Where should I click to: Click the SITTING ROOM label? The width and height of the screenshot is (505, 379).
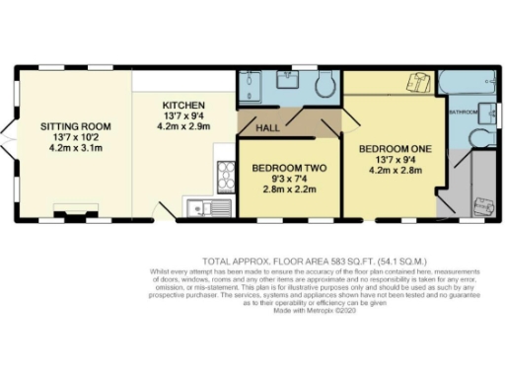coord(75,126)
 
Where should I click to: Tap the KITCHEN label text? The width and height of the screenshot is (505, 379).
coord(183,105)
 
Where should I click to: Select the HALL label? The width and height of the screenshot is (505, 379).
coord(267,129)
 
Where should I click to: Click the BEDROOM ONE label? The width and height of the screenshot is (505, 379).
coord(395,149)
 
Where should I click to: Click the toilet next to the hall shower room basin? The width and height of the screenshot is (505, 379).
coord(322,88)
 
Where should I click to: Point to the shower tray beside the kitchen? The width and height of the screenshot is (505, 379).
coord(251,89)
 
